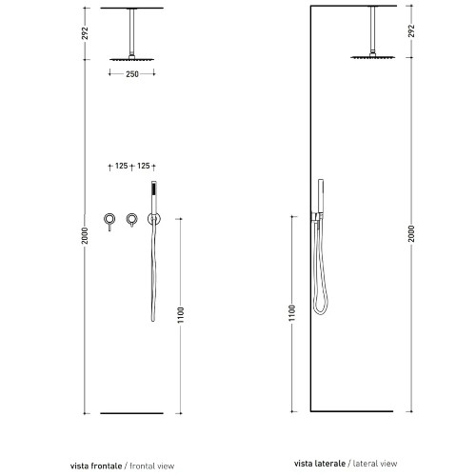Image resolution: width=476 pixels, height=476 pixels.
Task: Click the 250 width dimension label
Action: coord(132,74)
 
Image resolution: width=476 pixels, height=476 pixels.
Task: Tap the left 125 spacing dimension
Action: coord(121,166)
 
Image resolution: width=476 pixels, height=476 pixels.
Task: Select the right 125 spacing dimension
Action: coord(144,166)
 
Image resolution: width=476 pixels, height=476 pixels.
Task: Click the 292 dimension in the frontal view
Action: coord(85,33)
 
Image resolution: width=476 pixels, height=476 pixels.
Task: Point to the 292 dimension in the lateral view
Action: coord(411,30)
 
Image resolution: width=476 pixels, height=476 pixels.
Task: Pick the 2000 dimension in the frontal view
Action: coord(85,236)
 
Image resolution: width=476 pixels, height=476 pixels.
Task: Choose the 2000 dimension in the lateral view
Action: coord(411,233)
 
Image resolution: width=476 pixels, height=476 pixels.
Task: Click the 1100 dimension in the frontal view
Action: coord(181,315)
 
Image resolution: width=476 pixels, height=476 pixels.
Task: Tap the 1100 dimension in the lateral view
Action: coord(292,313)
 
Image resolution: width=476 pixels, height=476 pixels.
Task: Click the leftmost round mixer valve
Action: coord(109,219)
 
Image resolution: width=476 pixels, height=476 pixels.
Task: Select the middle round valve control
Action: coord(131,219)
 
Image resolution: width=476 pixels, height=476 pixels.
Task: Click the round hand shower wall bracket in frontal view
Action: coord(154,219)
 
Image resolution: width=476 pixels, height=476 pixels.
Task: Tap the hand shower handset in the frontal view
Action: coord(154,197)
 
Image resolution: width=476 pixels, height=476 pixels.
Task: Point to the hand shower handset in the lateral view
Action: coord(321,196)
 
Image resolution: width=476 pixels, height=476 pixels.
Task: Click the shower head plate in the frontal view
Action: coord(132,59)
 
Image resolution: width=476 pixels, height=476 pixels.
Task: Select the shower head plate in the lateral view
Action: coord(373,57)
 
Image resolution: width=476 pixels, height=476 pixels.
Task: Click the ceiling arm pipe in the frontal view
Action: coord(131,31)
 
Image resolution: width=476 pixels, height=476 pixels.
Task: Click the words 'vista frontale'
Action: coord(96,466)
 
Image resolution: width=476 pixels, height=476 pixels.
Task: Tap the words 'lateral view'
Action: coord(375,464)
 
